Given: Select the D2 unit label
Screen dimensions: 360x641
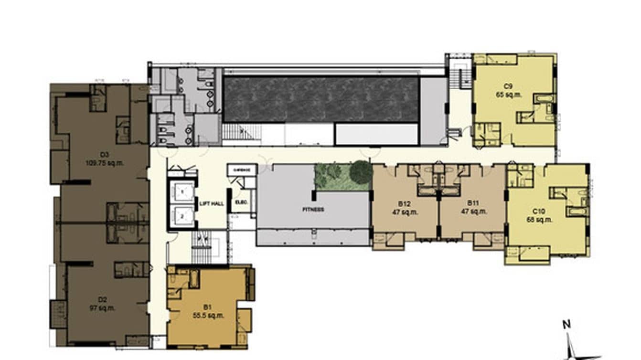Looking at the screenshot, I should coord(102,300).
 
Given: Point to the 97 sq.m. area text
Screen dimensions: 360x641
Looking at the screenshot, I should coord(102,307).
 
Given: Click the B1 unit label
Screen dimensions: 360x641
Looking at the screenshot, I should coord(207,307).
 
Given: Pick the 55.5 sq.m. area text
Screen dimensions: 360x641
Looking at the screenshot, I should coord(207,315).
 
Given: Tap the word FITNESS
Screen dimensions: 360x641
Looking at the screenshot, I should coord(313,209).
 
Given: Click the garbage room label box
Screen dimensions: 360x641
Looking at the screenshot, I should coord(242,169).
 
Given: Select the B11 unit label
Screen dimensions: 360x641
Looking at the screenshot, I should coord(473,203).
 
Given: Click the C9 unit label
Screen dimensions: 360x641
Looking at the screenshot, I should coord(508,86).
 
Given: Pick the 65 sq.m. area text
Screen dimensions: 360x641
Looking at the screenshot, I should coord(509,95).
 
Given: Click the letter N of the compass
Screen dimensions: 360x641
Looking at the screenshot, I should coord(566,325).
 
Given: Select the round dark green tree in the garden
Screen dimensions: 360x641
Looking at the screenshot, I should coord(361,172).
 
